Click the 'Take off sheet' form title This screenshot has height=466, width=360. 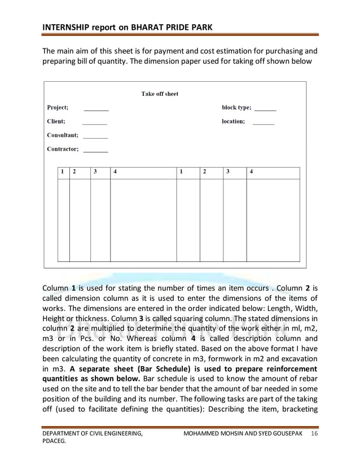159,94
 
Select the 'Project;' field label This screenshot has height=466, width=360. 57,107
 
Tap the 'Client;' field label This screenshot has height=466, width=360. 55,121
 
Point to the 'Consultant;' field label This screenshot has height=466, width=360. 62,135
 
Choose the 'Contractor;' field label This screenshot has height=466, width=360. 62,149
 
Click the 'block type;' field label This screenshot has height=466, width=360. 236,107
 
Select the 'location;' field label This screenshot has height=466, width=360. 233,121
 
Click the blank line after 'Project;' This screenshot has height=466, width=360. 96,109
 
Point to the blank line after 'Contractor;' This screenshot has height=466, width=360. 96,151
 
